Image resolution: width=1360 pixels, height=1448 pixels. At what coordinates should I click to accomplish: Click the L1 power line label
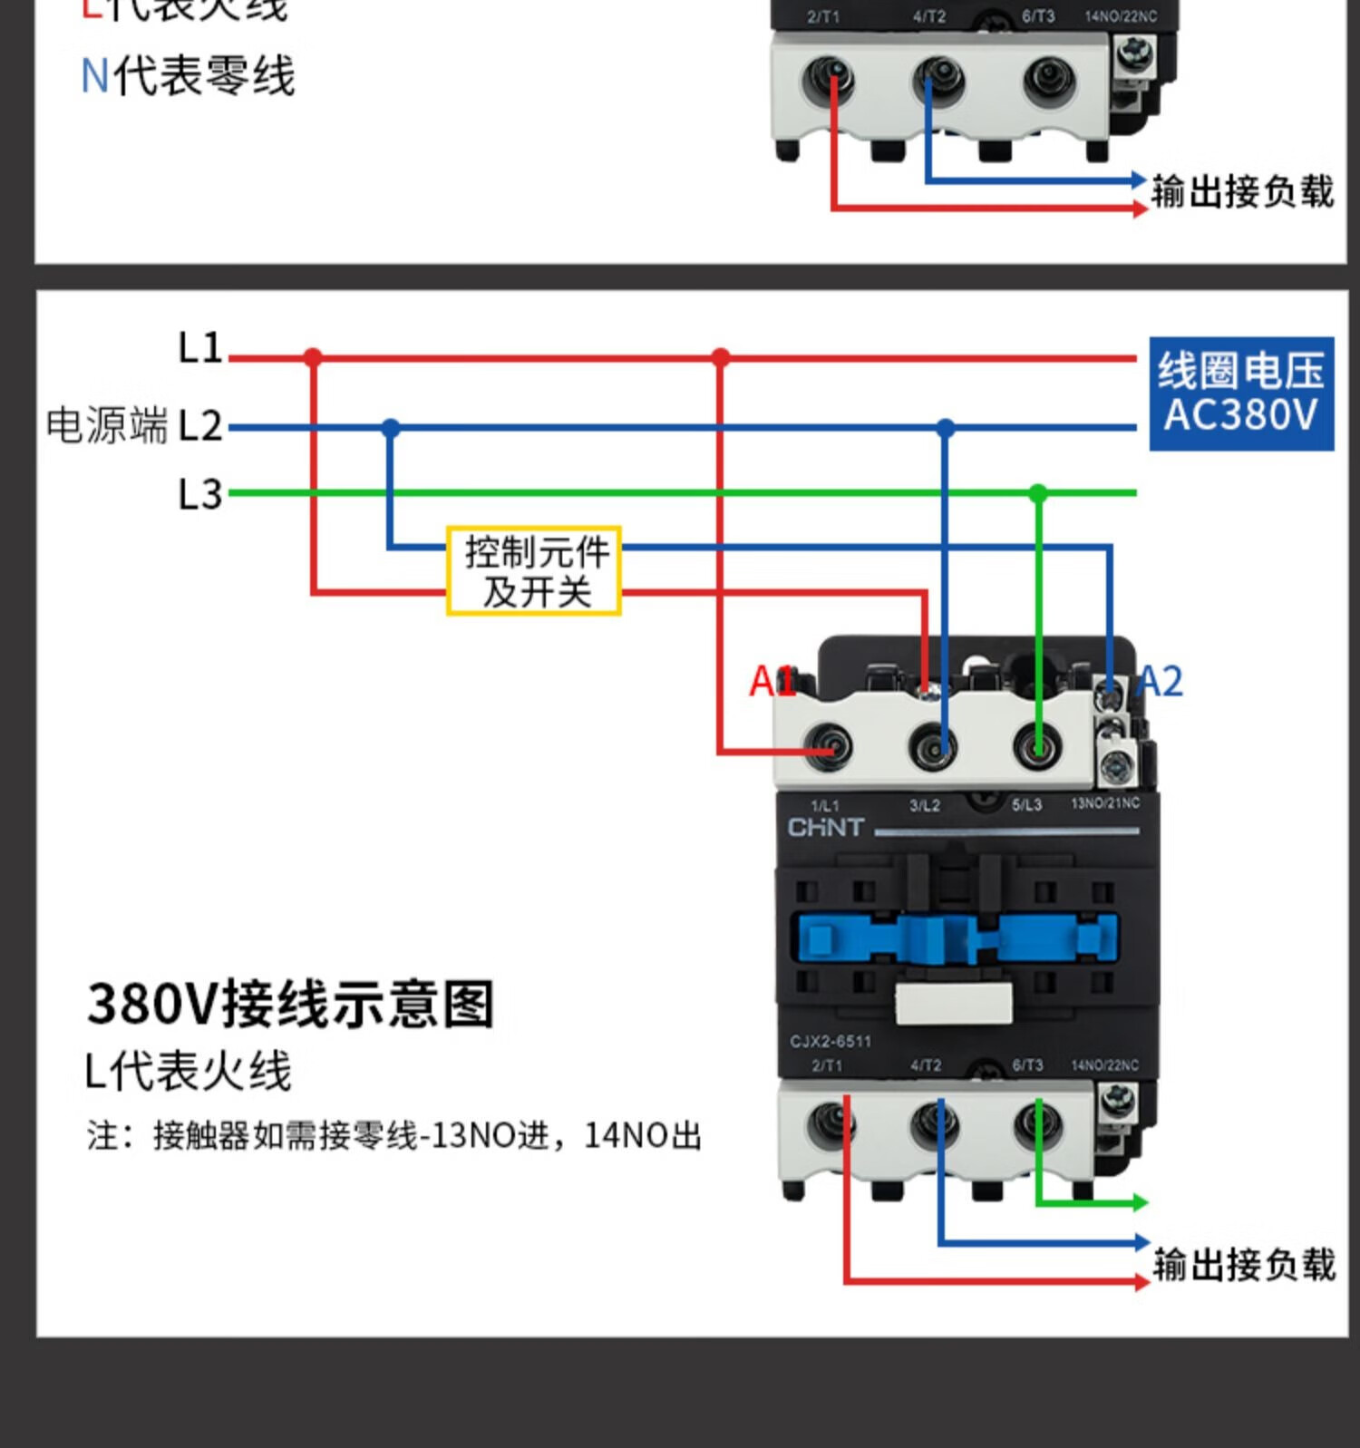pos(199,347)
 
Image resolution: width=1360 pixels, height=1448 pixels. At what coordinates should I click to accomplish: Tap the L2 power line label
pos(199,425)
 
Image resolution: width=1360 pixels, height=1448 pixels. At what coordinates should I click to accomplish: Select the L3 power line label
pos(199,494)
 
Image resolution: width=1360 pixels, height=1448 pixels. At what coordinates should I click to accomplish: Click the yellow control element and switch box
pos(534,570)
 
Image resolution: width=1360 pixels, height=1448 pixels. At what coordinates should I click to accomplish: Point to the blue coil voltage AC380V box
pos(1241,394)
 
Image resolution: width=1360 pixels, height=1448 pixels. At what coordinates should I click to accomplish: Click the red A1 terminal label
pos(771,681)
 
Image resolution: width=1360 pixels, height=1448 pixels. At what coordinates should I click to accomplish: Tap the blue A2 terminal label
pos(1160,681)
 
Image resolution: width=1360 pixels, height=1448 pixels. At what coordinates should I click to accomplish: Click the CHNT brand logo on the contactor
pos(825,827)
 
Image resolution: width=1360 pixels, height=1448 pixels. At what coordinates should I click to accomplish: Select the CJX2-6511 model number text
pos(830,1041)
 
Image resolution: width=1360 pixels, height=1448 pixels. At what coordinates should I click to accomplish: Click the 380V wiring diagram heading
pos(290,1005)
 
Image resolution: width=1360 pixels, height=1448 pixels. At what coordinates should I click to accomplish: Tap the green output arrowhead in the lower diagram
pos(1139,1203)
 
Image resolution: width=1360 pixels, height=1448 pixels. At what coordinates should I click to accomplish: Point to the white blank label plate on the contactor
pos(954,1003)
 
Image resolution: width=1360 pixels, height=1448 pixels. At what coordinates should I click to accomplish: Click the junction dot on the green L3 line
pos(1038,493)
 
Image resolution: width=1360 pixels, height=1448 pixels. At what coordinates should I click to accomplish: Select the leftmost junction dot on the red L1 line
pos(313,357)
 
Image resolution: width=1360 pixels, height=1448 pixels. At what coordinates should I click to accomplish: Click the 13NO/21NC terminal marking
pos(1105,803)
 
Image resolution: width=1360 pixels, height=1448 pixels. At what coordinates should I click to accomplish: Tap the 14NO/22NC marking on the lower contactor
pos(1104,1065)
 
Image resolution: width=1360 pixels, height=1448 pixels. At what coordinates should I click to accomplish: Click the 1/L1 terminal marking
pos(825,805)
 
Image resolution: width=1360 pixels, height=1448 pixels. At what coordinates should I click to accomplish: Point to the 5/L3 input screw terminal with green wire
pos(1038,748)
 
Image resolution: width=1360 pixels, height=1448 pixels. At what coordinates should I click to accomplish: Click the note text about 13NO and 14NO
pos(394,1135)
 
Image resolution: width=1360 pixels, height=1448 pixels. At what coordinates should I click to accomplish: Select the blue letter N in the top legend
pos(94,75)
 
